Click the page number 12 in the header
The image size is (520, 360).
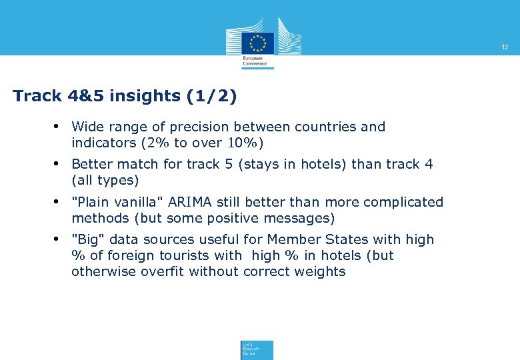pyautogui.click(x=505, y=47)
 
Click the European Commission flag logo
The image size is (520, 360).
pyautogui.click(x=257, y=43)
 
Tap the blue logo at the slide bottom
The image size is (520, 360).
pyautogui.click(x=257, y=350)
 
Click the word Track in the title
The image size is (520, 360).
pyautogui.click(x=37, y=96)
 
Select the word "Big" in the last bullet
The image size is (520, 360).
pyautogui.click(x=87, y=239)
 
